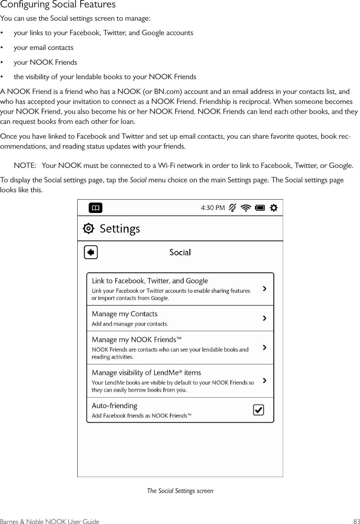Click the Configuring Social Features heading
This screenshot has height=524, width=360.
click(x=58, y=5)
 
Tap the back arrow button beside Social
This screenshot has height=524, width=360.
click(x=91, y=253)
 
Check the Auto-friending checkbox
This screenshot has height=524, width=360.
click(x=258, y=410)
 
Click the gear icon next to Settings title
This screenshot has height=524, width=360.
click(x=89, y=229)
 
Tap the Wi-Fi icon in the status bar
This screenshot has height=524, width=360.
click(x=245, y=208)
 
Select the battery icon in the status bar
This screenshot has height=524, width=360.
click(x=260, y=208)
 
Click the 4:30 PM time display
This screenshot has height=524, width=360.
click(x=213, y=208)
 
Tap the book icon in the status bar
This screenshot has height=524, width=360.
click(x=95, y=208)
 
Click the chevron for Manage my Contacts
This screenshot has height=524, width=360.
click(x=264, y=318)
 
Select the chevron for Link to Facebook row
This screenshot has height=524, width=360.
click(x=264, y=288)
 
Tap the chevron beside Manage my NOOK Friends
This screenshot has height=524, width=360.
click(x=264, y=347)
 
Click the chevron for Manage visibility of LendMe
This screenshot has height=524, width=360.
click(x=264, y=381)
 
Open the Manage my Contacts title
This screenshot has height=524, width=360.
click(x=125, y=314)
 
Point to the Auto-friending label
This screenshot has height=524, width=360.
click(x=114, y=406)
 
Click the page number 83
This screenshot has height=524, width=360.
click(x=356, y=521)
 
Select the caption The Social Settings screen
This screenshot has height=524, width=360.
click(x=180, y=491)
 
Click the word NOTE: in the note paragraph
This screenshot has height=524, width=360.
click(x=25, y=165)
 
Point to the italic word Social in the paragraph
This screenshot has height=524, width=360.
click(x=138, y=180)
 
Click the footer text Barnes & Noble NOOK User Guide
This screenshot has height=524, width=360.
click(x=50, y=521)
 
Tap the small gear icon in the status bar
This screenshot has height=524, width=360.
click(x=274, y=208)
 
